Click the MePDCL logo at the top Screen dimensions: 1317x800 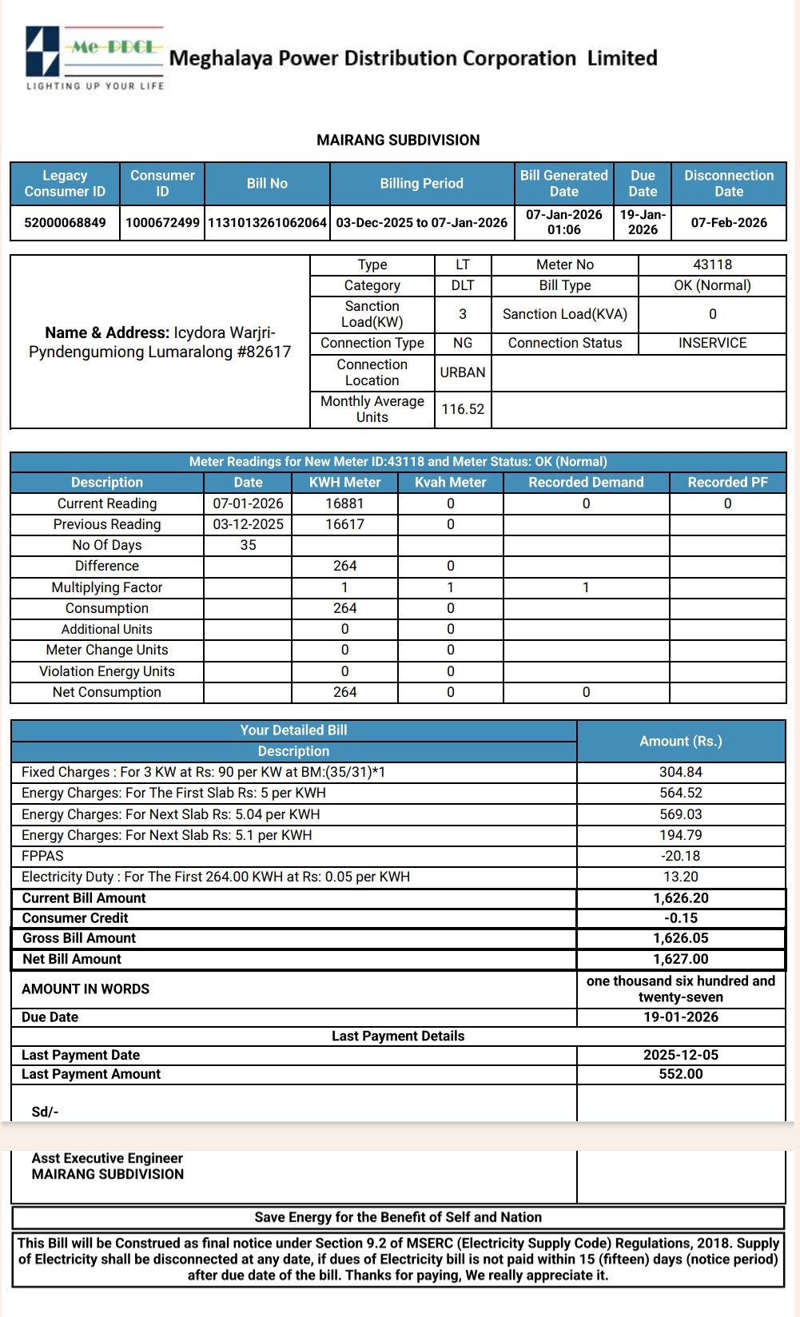coord(94,58)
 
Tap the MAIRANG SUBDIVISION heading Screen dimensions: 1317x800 coord(398,140)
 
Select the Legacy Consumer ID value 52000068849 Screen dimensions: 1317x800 coord(65,222)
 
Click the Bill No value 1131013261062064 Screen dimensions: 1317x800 coord(267,222)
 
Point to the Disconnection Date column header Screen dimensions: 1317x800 coord(728,183)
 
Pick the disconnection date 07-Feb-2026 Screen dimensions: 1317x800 coord(728,222)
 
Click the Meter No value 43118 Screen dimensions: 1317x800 coord(712,265)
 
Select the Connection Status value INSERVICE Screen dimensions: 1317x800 coord(712,343)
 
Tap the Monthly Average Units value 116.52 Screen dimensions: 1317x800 coord(463,409)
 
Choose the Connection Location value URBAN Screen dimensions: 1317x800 coord(463,372)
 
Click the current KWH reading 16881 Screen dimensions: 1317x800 coord(344,503)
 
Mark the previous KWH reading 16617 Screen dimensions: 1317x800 coord(344,524)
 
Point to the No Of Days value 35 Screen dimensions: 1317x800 coord(248,545)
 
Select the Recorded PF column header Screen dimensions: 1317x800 coord(727,482)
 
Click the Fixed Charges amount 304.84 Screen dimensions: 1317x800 coord(681,772)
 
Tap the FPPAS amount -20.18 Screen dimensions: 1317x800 coord(681,856)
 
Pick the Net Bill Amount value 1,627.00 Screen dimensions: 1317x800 coord(681,959)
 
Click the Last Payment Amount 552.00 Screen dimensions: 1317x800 coord(681,1074)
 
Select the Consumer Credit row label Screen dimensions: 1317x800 coord(75,918)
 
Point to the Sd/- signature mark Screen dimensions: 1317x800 coord(45,1112)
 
